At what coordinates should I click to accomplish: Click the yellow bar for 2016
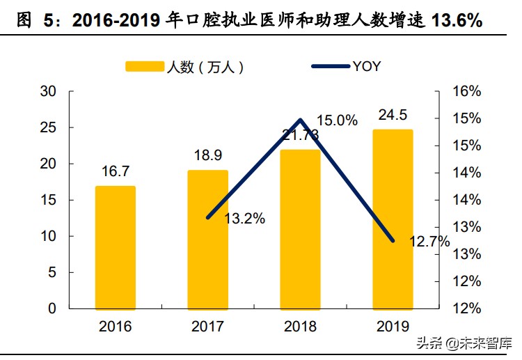115,247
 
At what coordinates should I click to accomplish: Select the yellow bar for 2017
207,239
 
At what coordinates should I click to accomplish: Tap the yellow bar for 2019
393,219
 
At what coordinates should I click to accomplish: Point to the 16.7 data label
115,171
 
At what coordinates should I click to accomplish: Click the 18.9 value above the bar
207,155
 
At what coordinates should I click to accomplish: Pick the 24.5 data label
393,115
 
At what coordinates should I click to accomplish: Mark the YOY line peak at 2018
300,120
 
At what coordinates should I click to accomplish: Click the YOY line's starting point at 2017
208,217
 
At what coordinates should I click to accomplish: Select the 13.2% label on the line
244,219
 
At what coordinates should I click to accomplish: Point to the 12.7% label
429,242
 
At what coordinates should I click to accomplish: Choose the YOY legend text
366,67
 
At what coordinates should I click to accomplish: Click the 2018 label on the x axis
300,326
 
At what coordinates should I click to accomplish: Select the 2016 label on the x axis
115,326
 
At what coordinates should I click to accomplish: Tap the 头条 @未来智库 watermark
462,343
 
